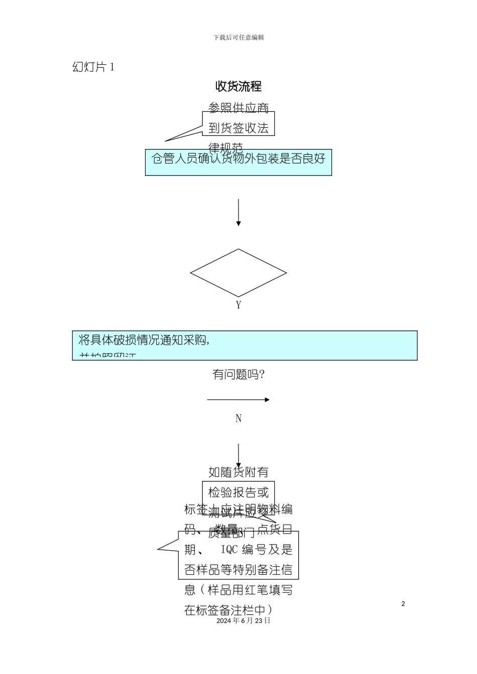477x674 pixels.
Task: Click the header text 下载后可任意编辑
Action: tap(238, 38)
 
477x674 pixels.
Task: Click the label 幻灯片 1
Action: tap(93, 67)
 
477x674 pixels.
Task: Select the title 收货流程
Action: tap(238, 86)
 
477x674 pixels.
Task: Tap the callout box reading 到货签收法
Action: tap(238, 128)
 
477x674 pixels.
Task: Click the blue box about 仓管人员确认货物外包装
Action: tap(238, 162)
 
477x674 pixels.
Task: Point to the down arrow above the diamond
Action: tap(238, 213)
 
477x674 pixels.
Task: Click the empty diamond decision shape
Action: tap(238, 273)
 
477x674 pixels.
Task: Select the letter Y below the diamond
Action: tap(238, 305)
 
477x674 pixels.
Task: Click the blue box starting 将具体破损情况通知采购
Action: tap(245, 345)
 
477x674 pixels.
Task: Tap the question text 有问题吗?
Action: tap(238, 375)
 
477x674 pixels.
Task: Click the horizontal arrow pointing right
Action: tap(238, 400)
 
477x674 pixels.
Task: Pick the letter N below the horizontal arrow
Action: tap(238, 418)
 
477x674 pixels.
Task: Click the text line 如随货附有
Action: tap(238, 472)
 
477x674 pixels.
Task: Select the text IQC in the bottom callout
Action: tap(229, 550)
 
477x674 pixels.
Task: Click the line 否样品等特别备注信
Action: tap(238, 570)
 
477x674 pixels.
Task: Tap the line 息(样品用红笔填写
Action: tap(238, 590)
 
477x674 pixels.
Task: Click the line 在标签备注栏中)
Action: tap(228, 610)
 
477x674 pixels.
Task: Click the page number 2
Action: tap(403, 604)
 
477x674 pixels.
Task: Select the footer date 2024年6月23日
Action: tap(244, 620)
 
